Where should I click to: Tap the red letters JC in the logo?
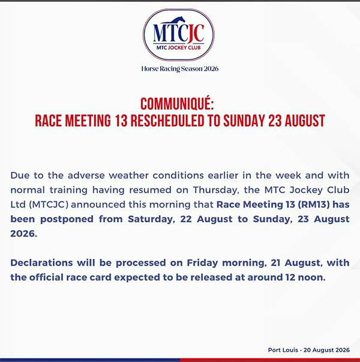pos(196,34)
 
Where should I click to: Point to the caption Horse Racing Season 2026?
pos(180,69)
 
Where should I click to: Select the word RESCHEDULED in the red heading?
pos(167,120)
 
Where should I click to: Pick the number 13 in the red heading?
pos(121,120)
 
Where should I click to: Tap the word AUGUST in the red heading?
pos(305,120)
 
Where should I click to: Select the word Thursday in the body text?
pos(215,190)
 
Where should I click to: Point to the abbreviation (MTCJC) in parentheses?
pos(49,204)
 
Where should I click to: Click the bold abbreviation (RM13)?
pos(314,204)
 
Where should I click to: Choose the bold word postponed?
pos(67,219)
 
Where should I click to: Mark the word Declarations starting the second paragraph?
pos(41,263)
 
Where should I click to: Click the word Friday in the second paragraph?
pos(202,263)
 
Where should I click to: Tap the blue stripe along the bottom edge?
pos(90,360)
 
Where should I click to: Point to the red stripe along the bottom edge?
pos(270,360)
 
